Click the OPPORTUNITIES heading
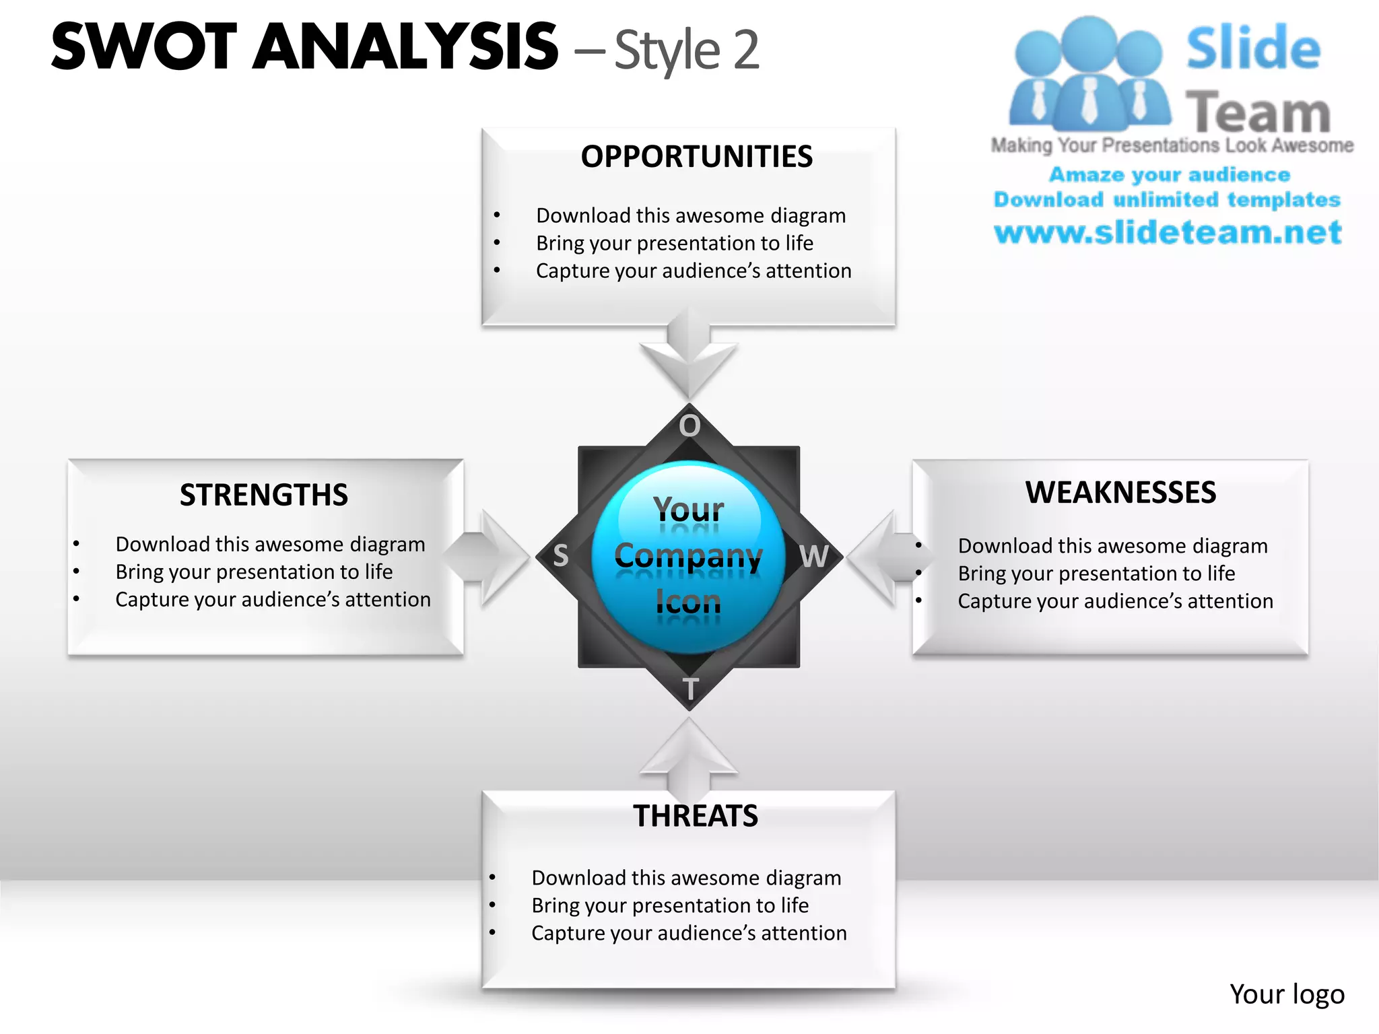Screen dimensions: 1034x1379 pos(696,157)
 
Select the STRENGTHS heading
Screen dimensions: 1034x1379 pos(264,495)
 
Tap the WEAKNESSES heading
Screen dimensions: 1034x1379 pos(1120,493)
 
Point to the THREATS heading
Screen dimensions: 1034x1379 pos(696,817)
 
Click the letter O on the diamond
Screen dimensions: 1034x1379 pos(689,426)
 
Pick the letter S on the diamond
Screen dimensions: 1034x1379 pos(560,556)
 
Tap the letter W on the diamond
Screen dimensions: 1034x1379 pos(813,557)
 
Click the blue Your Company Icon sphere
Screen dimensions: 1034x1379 pos(689,557)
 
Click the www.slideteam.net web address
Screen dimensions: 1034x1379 pos(1168,232)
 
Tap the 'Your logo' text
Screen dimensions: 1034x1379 pos(1286,994)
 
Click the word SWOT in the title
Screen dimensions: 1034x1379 pos(144,47)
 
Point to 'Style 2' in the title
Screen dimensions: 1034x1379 pos(687,50)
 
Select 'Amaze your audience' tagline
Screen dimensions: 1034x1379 pos(1169,175)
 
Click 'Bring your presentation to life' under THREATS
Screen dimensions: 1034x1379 pos(670,905)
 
